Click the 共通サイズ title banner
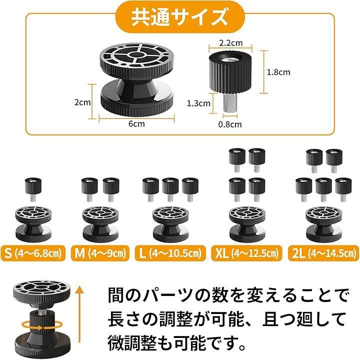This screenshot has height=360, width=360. [180, 17]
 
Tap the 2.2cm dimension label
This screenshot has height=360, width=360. [230, 43]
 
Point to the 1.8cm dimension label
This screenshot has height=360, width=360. [278, 72]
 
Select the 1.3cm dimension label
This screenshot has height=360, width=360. [198, 103]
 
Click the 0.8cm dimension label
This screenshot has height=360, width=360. [230, 124]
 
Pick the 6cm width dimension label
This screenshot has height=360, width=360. [136, 124]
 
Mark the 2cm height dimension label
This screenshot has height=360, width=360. [82, 102]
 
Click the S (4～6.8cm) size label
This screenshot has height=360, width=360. [33, 253]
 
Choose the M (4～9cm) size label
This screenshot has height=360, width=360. [100, 253]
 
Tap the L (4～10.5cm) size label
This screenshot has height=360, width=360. [170, 253]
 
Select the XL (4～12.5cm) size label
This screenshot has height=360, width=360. [246, 253]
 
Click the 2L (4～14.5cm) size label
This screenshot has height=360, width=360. [323, 253]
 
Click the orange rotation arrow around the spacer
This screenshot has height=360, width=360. [42, 325]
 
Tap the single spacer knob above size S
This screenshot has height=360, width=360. [33, 189]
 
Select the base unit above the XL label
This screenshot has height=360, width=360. [247, 224]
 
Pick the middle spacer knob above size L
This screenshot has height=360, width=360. [170, 189]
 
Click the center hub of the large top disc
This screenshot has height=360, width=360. [136, 54]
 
